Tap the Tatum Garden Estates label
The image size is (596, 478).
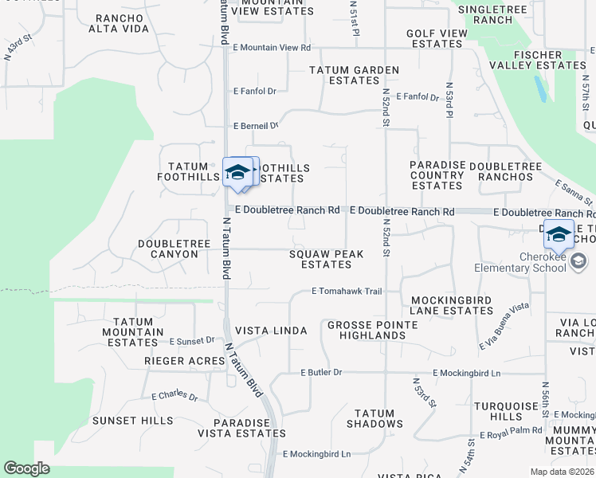pos(354,76)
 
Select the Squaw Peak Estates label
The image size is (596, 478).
pos(326,259)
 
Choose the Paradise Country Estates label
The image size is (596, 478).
pos(437,174)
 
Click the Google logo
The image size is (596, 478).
pos(26,468)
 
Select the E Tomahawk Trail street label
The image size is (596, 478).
pos(347,292)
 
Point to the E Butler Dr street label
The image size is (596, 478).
pos(321,373)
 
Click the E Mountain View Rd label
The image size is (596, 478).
pos(271,48)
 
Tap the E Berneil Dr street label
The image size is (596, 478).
pos(255,126)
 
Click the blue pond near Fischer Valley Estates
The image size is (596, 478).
pos(541,88)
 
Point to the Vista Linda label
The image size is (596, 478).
pos(271,331)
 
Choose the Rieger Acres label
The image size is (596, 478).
pos(184,361)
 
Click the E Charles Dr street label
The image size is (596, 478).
pos(174,396)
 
